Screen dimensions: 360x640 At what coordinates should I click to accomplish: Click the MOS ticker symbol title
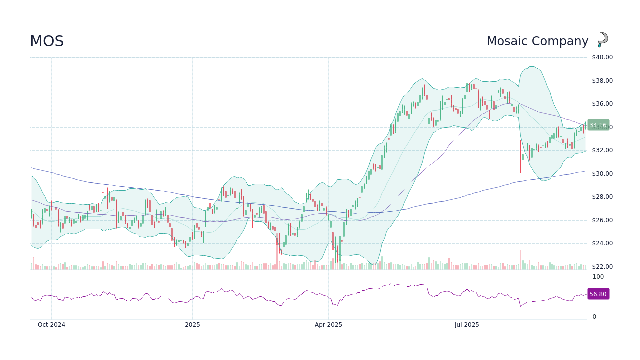(47, 41)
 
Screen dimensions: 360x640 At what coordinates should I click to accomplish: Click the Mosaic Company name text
(537, 41)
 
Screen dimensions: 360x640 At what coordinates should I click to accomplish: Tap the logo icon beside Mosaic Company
(603, 40)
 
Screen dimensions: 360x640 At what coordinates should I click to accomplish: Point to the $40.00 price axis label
(602, 57)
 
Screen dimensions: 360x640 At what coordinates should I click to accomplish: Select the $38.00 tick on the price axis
(602, 81)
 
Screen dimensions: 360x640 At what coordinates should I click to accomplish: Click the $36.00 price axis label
(602, 104)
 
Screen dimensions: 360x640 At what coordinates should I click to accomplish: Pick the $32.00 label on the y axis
(602, 150)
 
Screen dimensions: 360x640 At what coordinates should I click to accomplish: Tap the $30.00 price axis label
(602, 174)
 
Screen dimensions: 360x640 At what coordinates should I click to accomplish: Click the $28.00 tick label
(602, 197)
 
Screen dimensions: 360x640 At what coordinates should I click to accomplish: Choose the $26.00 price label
(602, 220)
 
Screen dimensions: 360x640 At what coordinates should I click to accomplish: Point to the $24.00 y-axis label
(602, 243)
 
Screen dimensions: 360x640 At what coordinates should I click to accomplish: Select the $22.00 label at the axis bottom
(602, 267)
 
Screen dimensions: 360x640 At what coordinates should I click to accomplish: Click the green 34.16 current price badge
(598, 125)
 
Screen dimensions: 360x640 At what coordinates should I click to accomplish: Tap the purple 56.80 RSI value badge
(598, 294)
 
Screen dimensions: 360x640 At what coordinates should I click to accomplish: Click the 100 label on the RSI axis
(598, 277)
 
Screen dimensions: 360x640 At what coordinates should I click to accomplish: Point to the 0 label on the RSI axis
(594, 317)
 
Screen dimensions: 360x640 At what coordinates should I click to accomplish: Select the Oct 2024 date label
(51, 325)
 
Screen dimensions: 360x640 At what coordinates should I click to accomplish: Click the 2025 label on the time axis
(192, 325)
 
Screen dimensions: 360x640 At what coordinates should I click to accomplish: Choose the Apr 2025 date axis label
(328, 325)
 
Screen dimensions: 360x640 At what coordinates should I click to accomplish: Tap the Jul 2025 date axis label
(467, 325)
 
